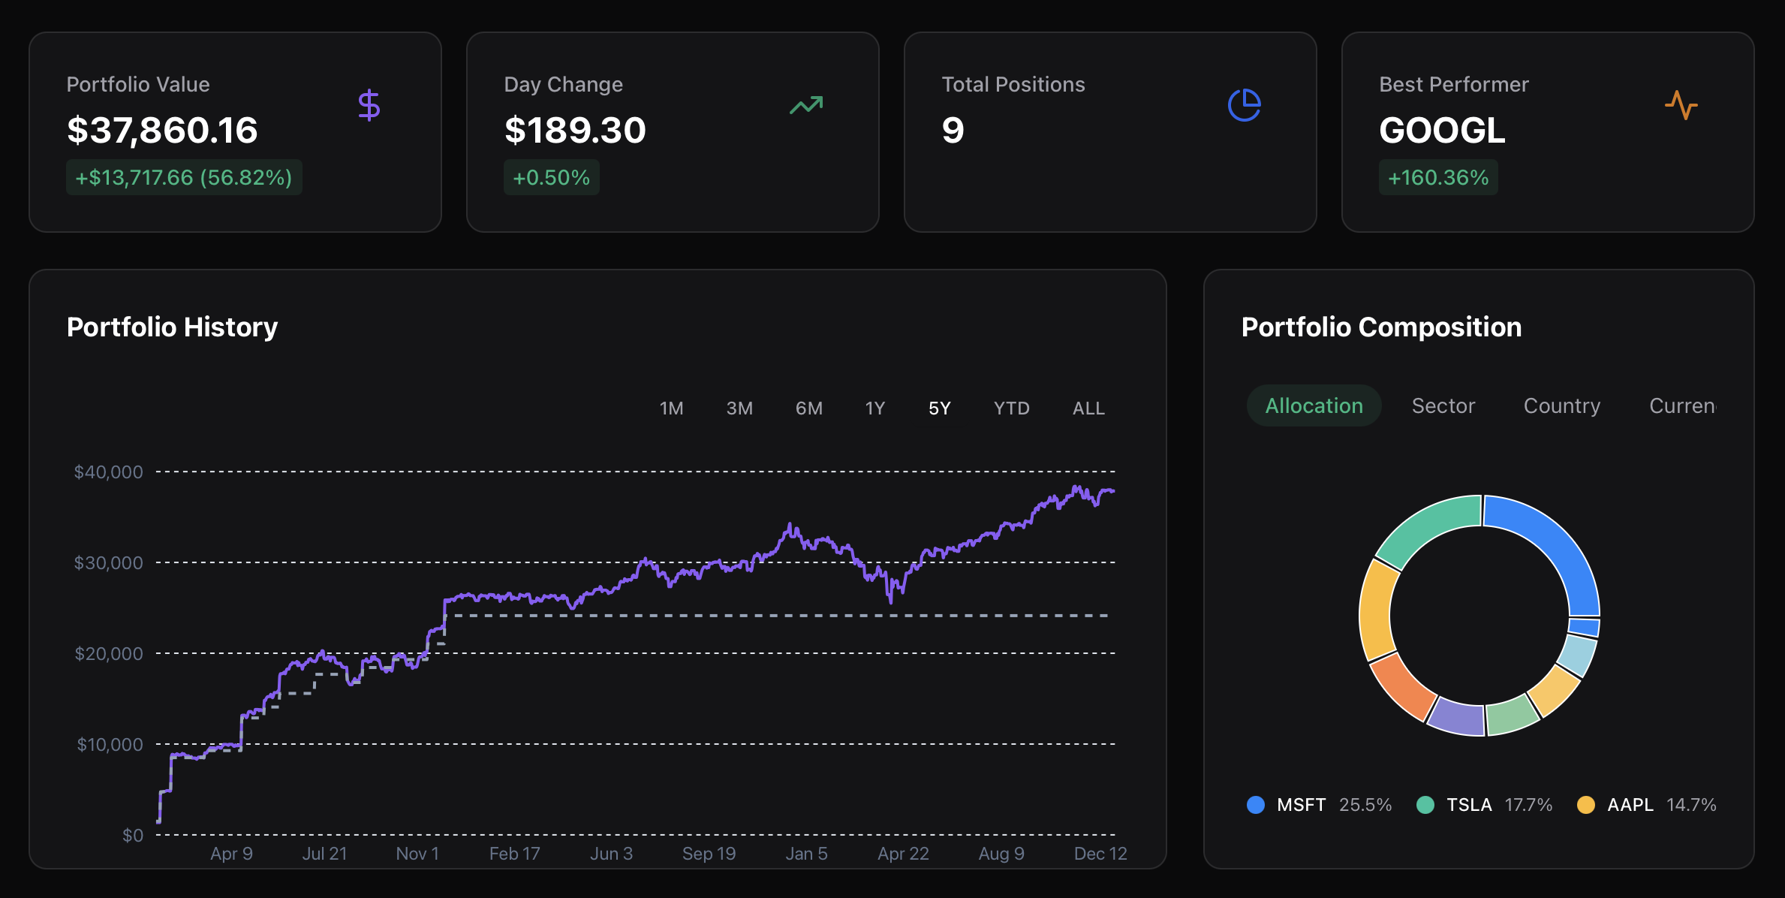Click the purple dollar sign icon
[369, 105]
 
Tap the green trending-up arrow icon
[806, 105]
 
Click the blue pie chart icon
[1244, 105]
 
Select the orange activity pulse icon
[1681, 105]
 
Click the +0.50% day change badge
[551, 178]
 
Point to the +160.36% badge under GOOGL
[1437, 178]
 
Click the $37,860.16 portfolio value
[162, 131]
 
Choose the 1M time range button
[671, 408]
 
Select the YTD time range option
[1011, 408]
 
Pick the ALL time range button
[1088, 408]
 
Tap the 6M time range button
[808, 408]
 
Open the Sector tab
[1443, 406]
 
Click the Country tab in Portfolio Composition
[1561, 406]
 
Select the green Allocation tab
[1314, 406]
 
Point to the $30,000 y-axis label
[108, 563]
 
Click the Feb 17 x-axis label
[514, 854]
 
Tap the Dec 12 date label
[1100, 854]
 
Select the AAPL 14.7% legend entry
[1646, 805]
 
